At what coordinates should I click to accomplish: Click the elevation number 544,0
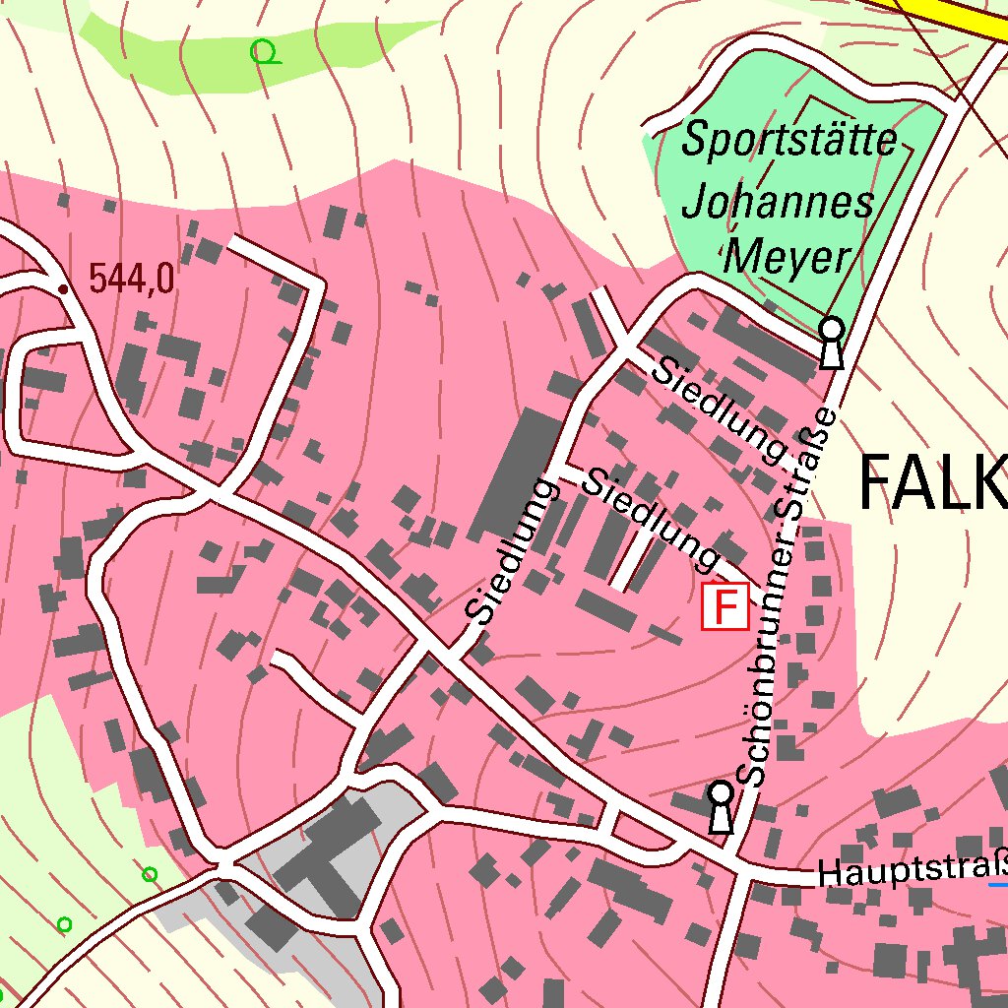point(132,279)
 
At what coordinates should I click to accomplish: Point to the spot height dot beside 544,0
point(63,288)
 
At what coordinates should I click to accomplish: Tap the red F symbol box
point(724,606)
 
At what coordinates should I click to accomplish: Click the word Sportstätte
point(789,140)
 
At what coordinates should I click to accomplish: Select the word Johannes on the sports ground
point(778,203)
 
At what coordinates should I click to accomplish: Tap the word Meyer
point(787,258)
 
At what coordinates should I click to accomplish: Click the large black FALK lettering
point(931,483)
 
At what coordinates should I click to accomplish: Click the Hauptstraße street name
point(912,871)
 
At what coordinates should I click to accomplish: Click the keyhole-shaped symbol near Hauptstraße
point(722,807)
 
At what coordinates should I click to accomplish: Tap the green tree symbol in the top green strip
point(263,51)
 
